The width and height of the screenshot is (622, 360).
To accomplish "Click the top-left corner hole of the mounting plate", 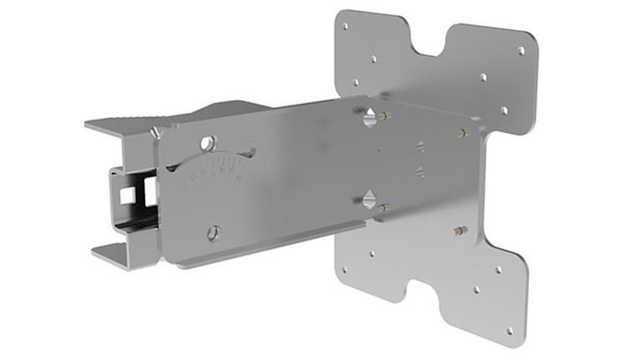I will point(345,27).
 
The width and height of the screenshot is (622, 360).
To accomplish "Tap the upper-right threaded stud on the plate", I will point(462,132).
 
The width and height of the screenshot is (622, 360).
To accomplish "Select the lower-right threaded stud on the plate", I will point(460,229).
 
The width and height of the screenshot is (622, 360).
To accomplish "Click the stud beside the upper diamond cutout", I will point(383,116).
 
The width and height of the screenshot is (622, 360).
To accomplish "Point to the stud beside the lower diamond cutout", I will point(382,207).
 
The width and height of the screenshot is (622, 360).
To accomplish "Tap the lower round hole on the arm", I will point(214,232).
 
